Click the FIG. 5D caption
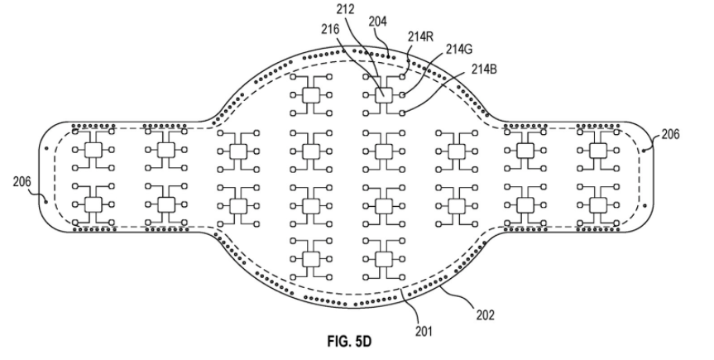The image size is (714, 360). [351, 339]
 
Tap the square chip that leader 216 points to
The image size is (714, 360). [383, 96]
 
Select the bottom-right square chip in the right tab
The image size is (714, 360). [597, 204]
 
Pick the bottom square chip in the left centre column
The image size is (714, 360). [311, 258]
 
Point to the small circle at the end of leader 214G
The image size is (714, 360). [402, 96]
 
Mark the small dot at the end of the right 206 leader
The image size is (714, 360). [646, 150]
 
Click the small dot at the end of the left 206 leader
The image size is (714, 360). [45, 198]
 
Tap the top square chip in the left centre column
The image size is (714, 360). [311, 96]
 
